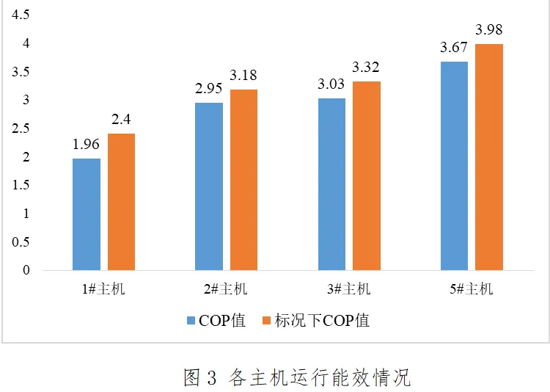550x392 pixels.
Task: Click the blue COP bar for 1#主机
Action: [x=87, y=214]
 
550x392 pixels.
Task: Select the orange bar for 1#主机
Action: [x=122, y=202]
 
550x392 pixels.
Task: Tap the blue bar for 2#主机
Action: [x=209, y=186]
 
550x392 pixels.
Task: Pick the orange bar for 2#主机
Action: [x=244, y=180]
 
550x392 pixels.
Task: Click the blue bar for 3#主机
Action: [x=331, y=184]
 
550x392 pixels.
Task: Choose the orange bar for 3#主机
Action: [x=367, y=175]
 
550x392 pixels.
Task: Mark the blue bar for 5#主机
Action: [x=454, y=166]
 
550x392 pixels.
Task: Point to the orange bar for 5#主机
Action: [x=489, y=157]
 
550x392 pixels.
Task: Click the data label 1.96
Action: [x=86, y=145]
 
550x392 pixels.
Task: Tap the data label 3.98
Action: [x=489, y=30]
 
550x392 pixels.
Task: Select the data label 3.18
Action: [x=244, y=76]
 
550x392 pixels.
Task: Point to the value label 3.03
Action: [x=331, y=84]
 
